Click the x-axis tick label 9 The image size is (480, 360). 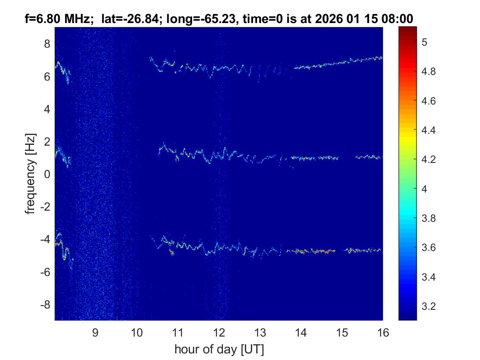tap(95, 333)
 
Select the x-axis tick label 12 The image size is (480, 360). tap(218, 333)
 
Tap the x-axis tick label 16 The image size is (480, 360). tap(383, 333)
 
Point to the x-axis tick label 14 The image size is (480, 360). tap(301, 333)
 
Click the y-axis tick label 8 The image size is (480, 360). tap(47, 44)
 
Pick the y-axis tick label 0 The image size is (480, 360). tap(47, 174)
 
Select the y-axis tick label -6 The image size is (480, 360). tap(45, 272)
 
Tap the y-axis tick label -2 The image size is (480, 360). tap(45, 207)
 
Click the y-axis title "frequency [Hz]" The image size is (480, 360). tap(30, 174)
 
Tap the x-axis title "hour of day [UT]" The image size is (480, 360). tap(219, 350)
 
